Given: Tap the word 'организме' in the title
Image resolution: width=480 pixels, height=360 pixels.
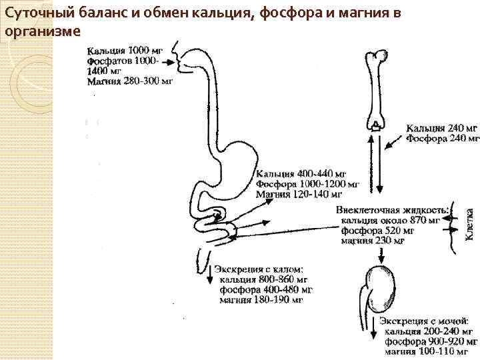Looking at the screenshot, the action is coord(42,31).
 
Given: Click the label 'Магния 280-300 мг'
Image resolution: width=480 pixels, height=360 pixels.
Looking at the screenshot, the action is coord(130,81).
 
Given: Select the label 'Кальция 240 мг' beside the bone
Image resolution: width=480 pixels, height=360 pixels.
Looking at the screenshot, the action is coord(443,127).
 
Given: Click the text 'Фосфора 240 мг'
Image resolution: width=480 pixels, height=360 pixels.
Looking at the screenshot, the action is coord(443,139).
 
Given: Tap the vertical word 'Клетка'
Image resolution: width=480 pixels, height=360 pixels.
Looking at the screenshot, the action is coord(469,224).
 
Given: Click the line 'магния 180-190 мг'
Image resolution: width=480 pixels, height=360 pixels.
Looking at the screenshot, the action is coord(261,300).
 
